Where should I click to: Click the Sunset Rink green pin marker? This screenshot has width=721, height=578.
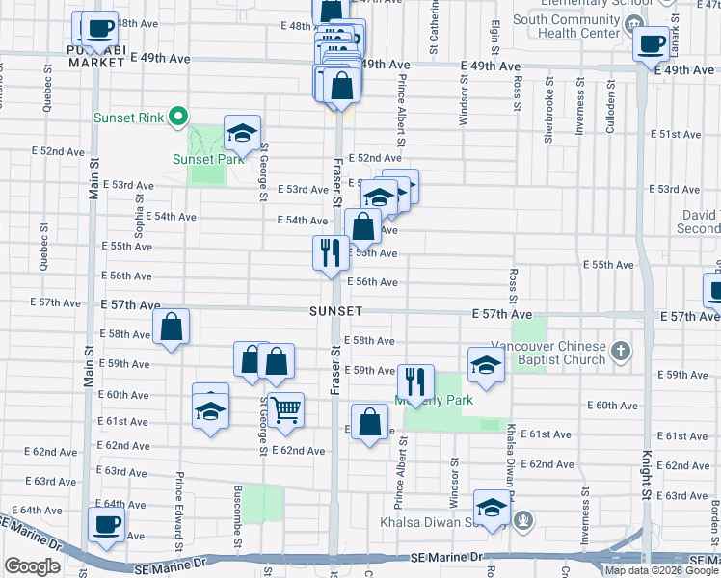[176, 118]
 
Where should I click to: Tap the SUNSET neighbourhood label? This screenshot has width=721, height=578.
[336, 312]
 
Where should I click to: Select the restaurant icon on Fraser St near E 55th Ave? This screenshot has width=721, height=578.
[331, 252]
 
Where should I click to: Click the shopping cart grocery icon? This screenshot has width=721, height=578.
[285, 409]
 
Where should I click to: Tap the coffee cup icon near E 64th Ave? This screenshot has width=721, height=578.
[106, 524]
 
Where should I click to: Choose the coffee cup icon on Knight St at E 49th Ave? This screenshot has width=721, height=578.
[652, 43]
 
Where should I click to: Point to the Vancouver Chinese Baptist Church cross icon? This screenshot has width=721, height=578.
[622, 352]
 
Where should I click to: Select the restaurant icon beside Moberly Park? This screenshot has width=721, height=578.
[415, 379]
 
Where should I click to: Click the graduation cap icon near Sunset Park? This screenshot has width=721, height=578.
[243, 133]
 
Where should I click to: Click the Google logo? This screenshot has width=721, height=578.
[32, 566]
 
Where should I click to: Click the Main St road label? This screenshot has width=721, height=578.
[93, 176]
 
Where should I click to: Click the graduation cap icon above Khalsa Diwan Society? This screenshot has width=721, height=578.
[492, 508]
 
